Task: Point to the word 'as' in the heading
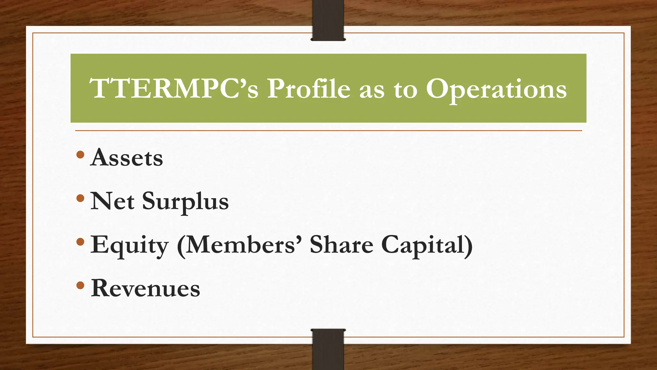pos(371,91)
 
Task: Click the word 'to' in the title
pos(405,90)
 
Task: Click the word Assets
pos(127,158)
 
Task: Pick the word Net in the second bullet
pos(112,201)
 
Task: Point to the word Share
pos(341,245)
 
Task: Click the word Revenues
pos(145,288)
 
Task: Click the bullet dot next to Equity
pos(81,242)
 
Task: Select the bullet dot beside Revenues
pos(81,285)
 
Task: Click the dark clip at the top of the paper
pos(328,20)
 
